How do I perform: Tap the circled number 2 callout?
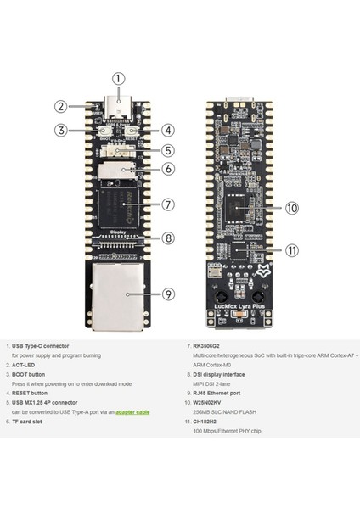(61, 107)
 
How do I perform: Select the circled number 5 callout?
(169, 150)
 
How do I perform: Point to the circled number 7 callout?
(169, 204)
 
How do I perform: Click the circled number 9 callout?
(169, 294)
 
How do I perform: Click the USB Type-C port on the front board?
(119, 109)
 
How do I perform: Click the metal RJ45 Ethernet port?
(118, 294)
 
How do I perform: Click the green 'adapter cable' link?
(131, 411)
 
